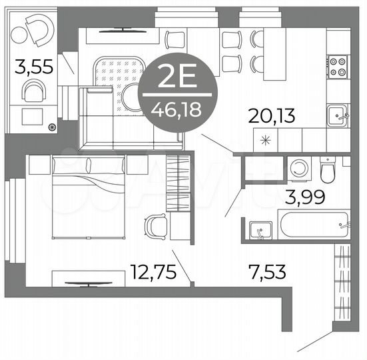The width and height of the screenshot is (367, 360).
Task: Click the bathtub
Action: tap(314, 225)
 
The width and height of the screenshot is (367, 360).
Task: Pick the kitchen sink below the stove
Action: tap(337, 116)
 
